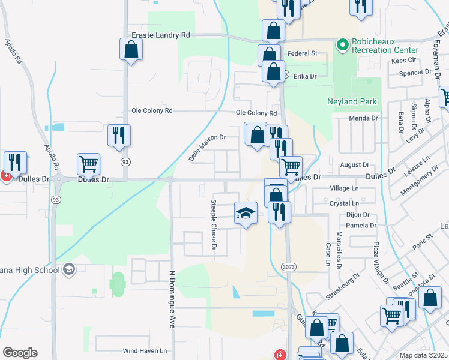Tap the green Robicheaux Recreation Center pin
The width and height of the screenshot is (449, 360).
coord(343,44)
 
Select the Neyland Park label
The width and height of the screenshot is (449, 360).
coord(352,101)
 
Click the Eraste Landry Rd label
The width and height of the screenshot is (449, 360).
coord(161,35)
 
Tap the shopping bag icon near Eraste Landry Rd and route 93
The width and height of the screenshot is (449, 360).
coord(131,50)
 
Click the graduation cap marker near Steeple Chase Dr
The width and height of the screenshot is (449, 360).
coord(246,214)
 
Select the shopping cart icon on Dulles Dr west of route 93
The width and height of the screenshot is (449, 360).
coord(88,164)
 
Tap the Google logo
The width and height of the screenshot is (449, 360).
coord(20,353)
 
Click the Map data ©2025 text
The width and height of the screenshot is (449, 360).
coord(423,355)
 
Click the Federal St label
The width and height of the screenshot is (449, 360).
coord(302,53)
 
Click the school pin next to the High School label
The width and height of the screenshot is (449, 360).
coord(69,269)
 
